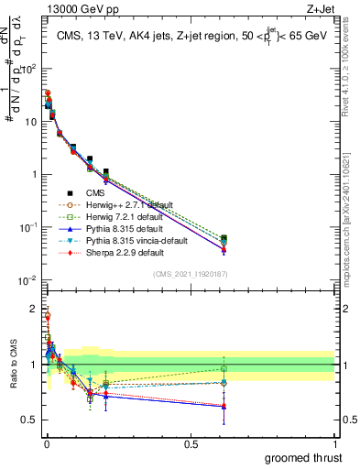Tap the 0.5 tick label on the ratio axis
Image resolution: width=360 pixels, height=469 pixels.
[x=30, y=420]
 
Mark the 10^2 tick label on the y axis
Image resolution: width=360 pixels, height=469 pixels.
[x=29, y=68]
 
